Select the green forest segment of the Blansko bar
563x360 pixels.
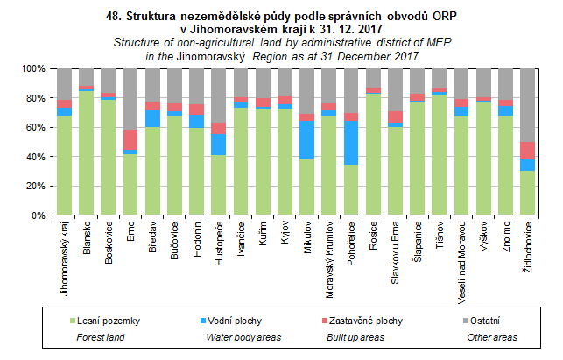86,152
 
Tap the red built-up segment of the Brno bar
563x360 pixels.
130,139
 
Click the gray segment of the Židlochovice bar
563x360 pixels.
529,105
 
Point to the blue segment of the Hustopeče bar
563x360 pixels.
219,145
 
